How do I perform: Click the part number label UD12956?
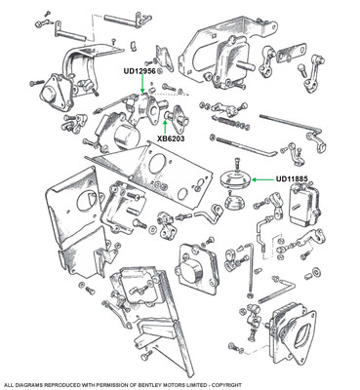coord(140,71)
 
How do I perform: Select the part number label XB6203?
coord(171,138)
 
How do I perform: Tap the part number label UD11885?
coord(292,178)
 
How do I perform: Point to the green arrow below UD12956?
coord(141,85)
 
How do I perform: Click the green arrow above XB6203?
coord(166,128)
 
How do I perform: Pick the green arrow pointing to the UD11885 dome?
coord(263,179)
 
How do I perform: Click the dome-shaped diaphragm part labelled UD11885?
coord(235,180)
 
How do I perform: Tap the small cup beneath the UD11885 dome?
coord(235,202)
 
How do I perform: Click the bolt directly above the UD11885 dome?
coord(235,163)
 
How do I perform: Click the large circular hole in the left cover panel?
coord(85,202)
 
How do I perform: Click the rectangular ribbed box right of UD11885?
coord(304,203)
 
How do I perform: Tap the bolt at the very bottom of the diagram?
coord(146,355)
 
